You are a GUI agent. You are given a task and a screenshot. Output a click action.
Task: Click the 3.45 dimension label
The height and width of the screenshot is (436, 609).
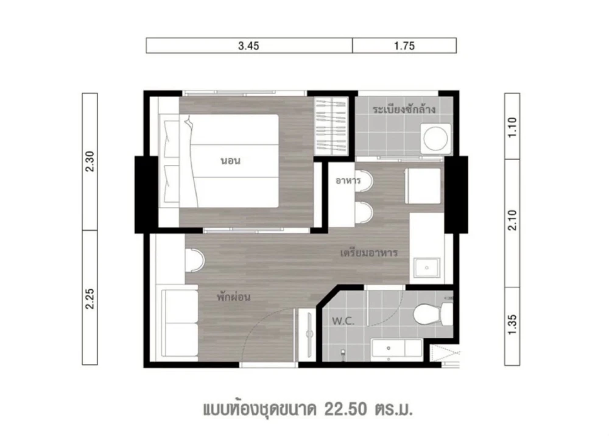tap(248, 46)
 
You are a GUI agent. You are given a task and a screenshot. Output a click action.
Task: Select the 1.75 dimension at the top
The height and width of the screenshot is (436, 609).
tap(404, 46)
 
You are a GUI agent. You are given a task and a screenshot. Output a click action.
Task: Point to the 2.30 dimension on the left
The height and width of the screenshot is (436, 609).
tap(90, 161)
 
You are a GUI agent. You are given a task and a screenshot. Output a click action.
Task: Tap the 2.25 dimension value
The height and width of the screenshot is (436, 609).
tap(90, 298)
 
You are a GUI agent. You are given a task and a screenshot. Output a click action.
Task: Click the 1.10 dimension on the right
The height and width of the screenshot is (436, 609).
tap(512, 127)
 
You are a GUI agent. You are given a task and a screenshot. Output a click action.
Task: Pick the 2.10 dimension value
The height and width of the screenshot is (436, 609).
tap(512, 220)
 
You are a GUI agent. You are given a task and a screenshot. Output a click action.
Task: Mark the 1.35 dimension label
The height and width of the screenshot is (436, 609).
tap(512, 325)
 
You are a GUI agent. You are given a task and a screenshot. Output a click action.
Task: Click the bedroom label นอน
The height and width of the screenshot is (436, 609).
tap(231, 160)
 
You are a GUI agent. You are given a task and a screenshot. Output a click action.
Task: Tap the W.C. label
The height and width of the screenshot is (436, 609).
tap(343, 321)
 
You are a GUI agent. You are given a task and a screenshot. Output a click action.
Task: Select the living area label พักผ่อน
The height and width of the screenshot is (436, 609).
tap(233, 297)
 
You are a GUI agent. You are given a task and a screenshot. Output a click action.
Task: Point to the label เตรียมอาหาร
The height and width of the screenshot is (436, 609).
tap(368, 253)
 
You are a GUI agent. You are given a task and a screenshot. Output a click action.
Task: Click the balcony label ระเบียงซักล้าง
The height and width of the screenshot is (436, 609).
tap(404, 109)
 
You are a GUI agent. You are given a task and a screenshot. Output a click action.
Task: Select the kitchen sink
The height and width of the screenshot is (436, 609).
tap(426, 268)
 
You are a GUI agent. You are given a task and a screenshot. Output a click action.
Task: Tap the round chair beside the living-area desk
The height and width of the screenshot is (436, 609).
tap(195, 260)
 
